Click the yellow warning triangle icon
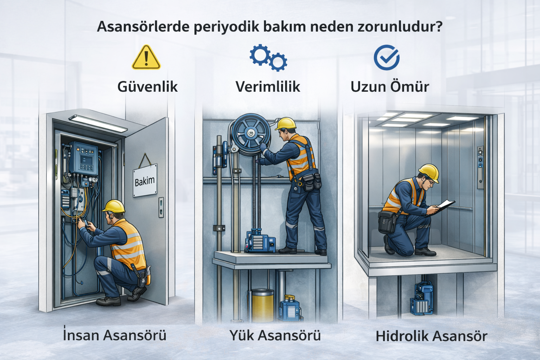coord(146,58)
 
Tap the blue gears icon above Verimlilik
coord(268,57)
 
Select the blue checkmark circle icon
coord(386,57)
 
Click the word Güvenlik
coord(147,86)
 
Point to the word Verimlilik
coord(268,86)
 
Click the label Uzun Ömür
coord(390,87)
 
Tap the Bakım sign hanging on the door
coord(145,180)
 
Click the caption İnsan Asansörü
coord(115,335)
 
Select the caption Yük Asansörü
coord(275,335)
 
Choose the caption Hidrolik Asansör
coord(431,336)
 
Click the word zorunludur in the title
coord(400,27)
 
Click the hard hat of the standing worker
coord(286,123)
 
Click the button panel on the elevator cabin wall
coord(480,167)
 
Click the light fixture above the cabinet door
coord(98,123)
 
